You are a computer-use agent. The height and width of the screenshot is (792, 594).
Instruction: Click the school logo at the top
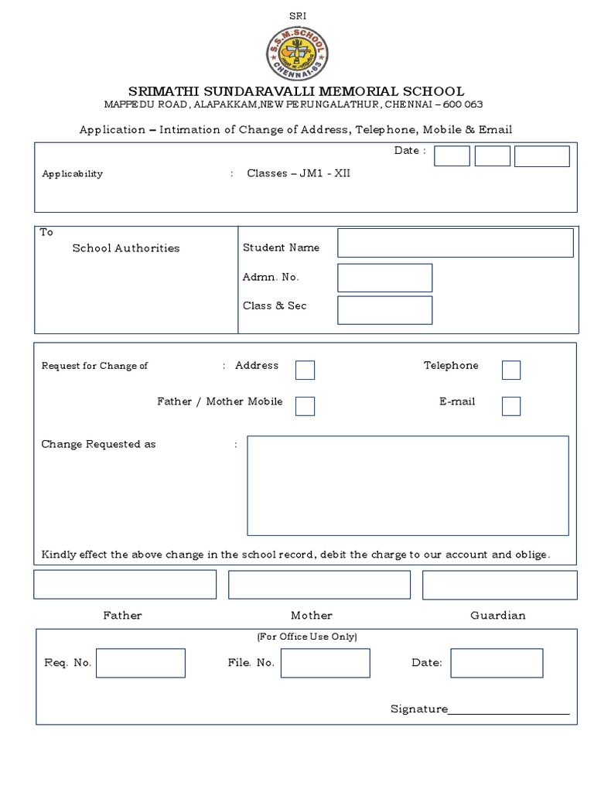pos(297,53)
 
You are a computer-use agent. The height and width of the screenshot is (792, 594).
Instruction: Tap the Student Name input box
pos(455,242)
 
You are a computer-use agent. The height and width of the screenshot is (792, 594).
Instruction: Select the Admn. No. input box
pos(384,278)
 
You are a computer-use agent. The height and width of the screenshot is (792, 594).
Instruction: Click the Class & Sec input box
pos(384,309)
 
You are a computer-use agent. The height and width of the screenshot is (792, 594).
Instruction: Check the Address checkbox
pos(305,370)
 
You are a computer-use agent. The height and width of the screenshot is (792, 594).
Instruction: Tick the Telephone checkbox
pos(510,370)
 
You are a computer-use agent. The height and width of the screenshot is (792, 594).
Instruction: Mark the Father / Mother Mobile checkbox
pos(305,405)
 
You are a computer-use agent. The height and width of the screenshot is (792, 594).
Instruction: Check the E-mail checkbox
pos(510,405)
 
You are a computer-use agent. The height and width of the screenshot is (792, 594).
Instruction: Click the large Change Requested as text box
pos(408,485)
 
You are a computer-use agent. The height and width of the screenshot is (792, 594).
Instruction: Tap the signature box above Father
pos(125,585)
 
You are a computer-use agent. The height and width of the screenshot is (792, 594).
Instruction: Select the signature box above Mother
pos(319,585)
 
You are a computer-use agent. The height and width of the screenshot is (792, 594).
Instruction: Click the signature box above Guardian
pos(500,585)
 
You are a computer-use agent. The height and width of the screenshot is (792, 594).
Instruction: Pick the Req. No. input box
pos(140,663)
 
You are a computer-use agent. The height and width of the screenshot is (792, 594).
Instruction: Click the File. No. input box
pos(325,663)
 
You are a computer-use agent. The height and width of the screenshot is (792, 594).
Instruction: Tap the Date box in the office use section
pos(497,663)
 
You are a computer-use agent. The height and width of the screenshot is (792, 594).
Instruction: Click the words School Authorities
pos(125,248)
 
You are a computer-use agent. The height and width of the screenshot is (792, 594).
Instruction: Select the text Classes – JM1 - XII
pos(299,173)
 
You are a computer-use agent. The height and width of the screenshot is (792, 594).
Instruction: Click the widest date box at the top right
pos(541,155)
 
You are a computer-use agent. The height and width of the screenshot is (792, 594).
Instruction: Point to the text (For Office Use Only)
pos(306,637)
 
